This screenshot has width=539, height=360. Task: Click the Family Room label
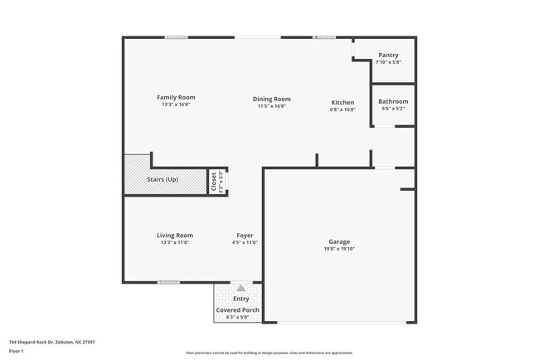tap(176, 97)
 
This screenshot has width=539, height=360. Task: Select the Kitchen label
tap(342, 100)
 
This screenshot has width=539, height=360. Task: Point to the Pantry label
tap(388, 56)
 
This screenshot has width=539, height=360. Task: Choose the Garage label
tap(339, 242)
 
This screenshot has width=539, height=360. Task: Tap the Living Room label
tap(175, 235)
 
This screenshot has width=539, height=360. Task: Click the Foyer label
tap(245, 235)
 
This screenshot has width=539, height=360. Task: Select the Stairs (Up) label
tap(163, 180)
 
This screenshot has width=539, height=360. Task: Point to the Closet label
tap(213, 181)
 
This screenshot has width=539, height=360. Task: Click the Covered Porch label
tap(238, 309)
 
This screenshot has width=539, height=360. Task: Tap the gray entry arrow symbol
tap(241, 289)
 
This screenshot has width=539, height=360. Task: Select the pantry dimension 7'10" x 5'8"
tap(388, 62)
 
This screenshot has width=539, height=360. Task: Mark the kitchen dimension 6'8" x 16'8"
tap(342, 109)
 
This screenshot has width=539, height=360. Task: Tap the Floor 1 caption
tap(17, 351)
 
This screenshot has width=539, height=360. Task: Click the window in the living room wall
tap(168, 282)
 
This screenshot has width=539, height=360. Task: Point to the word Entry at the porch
tap(240, 299)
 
